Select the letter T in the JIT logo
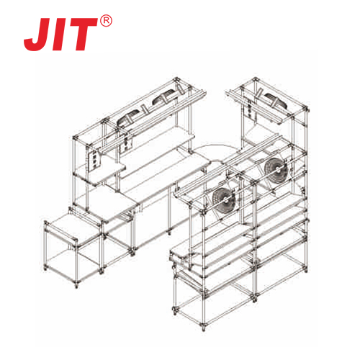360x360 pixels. point(84,34)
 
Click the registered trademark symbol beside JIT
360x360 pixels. point(106,21)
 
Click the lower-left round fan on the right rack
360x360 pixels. point(224,199)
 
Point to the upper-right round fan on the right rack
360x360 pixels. point(276,170)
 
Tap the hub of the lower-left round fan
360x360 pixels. point(225,199)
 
